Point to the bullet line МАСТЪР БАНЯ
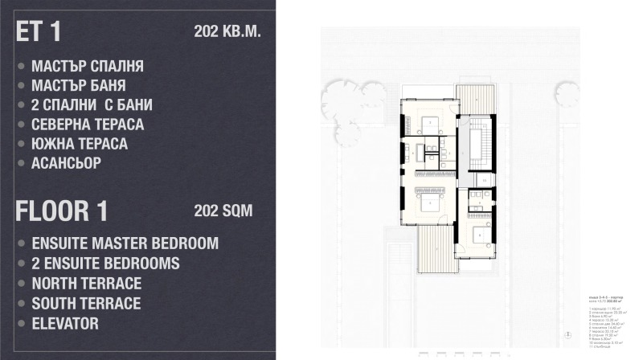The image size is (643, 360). pyautogui.click(x=78, y=86)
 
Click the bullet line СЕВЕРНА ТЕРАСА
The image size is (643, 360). pyautogui.click(x=88, y=125)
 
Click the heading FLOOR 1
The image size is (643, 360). pyautogui.click(x=61, y=211)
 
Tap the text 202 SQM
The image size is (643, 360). pyautogui.click(x=223, y=211)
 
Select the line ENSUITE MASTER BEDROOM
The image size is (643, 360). pyautogui.click(x=125, y=243)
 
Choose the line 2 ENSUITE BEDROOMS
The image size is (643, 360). pyautogui.click(x=105, y=264)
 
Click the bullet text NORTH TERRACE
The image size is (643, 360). pyautogui.click(x=86, y=284)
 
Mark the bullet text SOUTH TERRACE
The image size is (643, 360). pyautogui.click(x=86, y=304)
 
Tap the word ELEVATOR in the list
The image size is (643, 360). pyautogui.click(x=65, y=324)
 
